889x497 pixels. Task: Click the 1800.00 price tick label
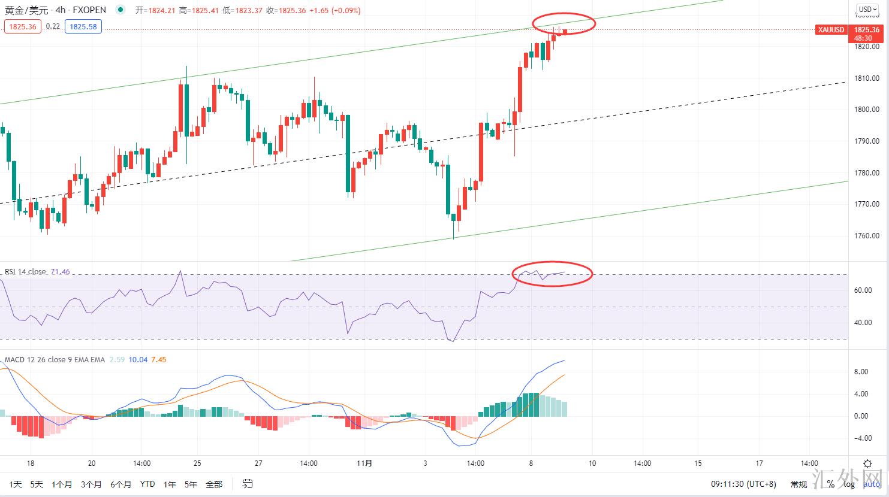pos(867,110)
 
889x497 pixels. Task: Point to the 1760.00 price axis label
pos(867,236)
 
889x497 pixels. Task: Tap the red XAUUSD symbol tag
pos(831,30)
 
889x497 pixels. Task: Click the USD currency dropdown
pos(867,9)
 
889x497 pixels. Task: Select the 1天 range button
pos(16,484)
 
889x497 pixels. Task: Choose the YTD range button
pos(147,484)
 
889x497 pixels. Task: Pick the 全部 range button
pos(214,484)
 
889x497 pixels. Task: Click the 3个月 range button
pos(91,484)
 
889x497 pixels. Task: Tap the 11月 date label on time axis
pos(364,463)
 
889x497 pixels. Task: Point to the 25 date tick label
pos(198,463)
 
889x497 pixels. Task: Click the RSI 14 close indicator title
pos(25,272)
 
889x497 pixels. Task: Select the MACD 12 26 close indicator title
pos(55,360)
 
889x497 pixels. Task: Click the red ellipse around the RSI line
pos(552,274)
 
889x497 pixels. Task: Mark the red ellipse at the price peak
pos(564,23)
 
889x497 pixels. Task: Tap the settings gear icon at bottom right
pos(867,463)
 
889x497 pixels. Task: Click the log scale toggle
pos(849,484)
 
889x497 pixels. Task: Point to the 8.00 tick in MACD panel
pos(861,372)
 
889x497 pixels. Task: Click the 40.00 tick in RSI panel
pos(863,323)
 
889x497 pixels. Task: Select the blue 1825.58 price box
pos(83,26)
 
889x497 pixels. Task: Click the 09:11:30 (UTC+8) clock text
pos(743,484)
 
